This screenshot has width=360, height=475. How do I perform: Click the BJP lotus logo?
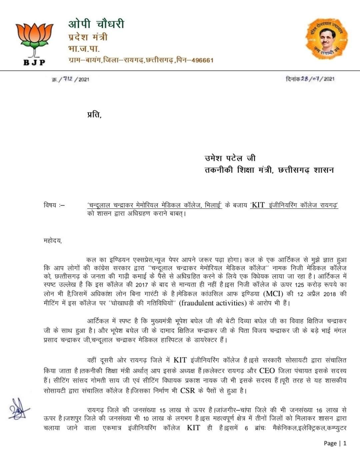(34, 39)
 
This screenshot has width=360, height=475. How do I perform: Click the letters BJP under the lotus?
(34, 62)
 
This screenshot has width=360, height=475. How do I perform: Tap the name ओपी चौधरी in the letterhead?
(96, 24)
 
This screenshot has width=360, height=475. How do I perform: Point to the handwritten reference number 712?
(68, 79)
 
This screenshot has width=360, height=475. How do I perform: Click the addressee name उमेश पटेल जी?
(230, 158)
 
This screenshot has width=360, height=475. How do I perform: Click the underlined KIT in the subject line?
(258, 205)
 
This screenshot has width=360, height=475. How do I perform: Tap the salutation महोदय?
(53, 241)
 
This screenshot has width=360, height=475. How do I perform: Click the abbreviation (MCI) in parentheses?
(273, 294)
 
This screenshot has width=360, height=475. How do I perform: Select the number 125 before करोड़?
(300, 285)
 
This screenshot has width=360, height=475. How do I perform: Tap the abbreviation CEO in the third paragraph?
(267, 371)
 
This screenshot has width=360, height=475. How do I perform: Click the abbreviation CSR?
(187, 391)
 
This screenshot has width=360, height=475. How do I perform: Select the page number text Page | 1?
(335, 443)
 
